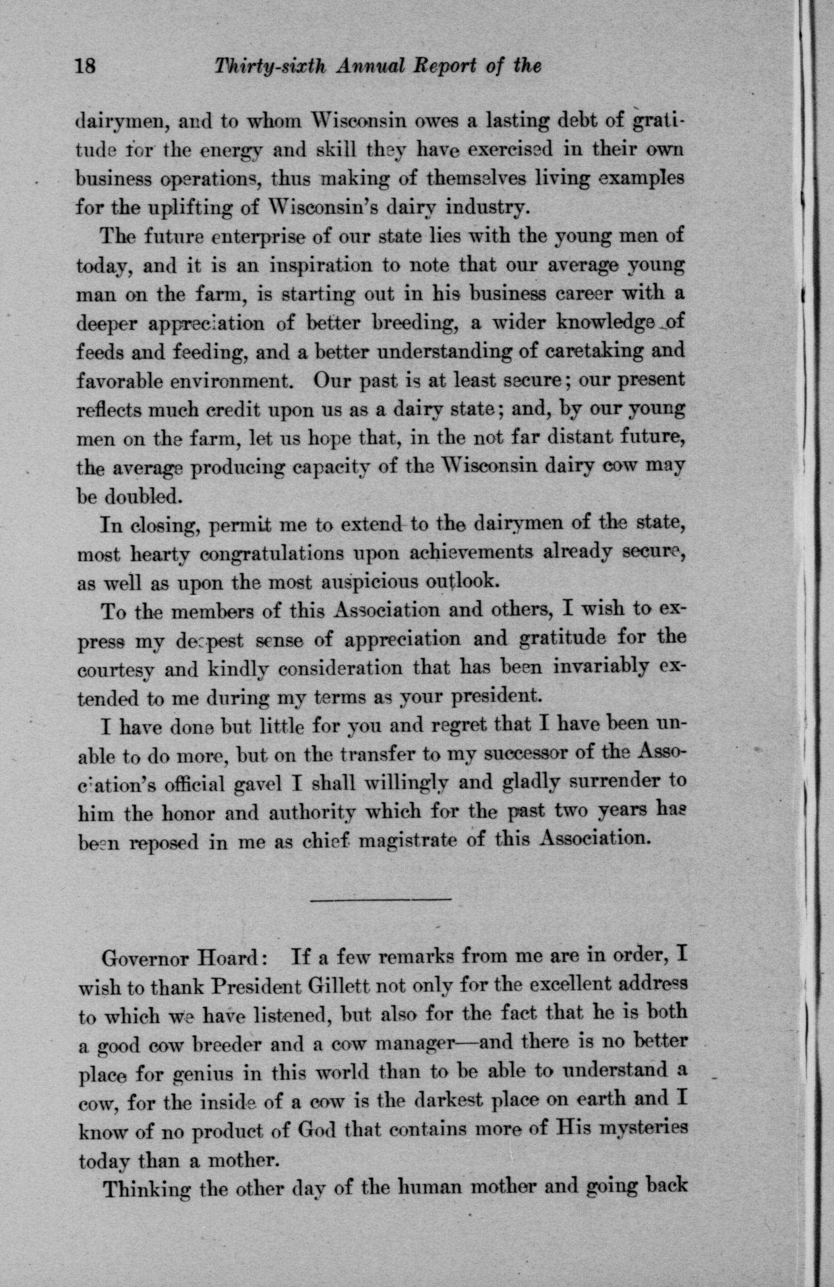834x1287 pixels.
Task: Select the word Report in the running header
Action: click(x=444, y=67)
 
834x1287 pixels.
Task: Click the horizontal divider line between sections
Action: click(x=381, y=899)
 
